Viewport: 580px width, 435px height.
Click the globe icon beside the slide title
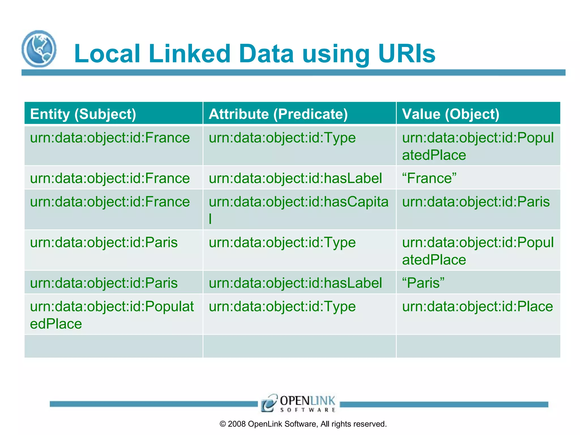coord(39,49)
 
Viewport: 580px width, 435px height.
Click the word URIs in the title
coord(407,54)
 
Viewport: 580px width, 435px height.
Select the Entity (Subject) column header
coord(83,114)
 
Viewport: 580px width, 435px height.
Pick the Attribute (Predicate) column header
coord(278,114)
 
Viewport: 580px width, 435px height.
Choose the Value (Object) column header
coord(450,114)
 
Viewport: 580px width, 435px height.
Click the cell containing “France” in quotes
coord(429,178)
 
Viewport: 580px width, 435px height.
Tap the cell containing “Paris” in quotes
coord(423,283)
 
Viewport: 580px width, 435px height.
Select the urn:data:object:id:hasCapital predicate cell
coord(298,209)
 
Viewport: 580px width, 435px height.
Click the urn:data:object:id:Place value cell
coord(477,307)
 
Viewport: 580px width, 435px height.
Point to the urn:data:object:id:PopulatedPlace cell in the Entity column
coord(112,315)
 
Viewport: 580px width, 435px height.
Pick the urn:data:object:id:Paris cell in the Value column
coord(476,202)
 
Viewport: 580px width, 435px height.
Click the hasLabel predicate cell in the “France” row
coord(295,178)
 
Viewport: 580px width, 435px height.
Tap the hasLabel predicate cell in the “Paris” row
coord(295,283)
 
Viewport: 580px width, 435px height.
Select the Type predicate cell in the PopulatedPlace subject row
coord(282,307)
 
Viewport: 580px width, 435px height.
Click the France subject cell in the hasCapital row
coord(110,202)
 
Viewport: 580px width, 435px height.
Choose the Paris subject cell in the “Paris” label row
coord(104,283)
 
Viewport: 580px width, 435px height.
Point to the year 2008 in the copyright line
coord(236,424)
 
